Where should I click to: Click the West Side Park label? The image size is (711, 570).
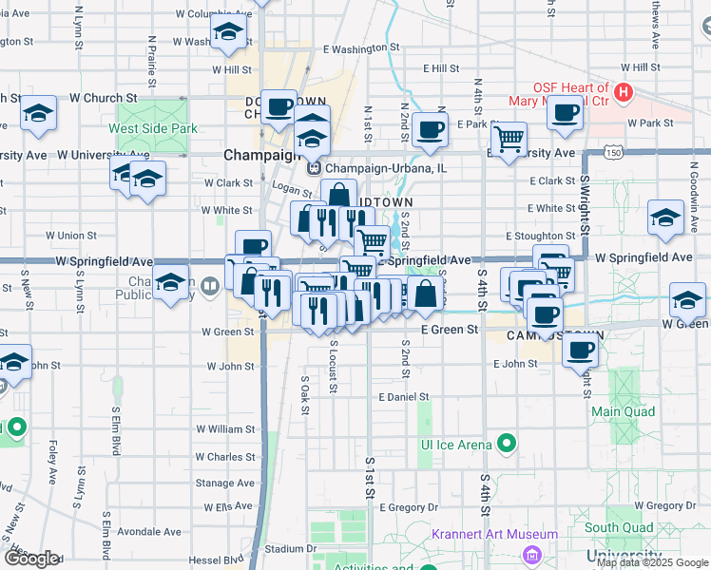tap(152, 128)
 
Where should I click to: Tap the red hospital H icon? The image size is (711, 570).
tap(624, 92)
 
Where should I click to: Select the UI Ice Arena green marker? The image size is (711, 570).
tap(507, 444)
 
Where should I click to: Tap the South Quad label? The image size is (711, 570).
tap(618, 528)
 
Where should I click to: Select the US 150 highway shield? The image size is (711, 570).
tap(616, 152)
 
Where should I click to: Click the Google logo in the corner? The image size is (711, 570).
tap(30, 559)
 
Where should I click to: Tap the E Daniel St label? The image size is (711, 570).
tap(404, 397)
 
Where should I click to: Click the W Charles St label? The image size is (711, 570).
tap(226, 457)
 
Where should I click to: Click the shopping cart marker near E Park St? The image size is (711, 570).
tap(510, 139)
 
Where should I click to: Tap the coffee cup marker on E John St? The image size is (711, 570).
tap(579, 349)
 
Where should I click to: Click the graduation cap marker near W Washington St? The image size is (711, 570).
tap(228, 33)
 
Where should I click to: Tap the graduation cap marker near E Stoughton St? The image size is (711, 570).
tap(665, 217)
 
